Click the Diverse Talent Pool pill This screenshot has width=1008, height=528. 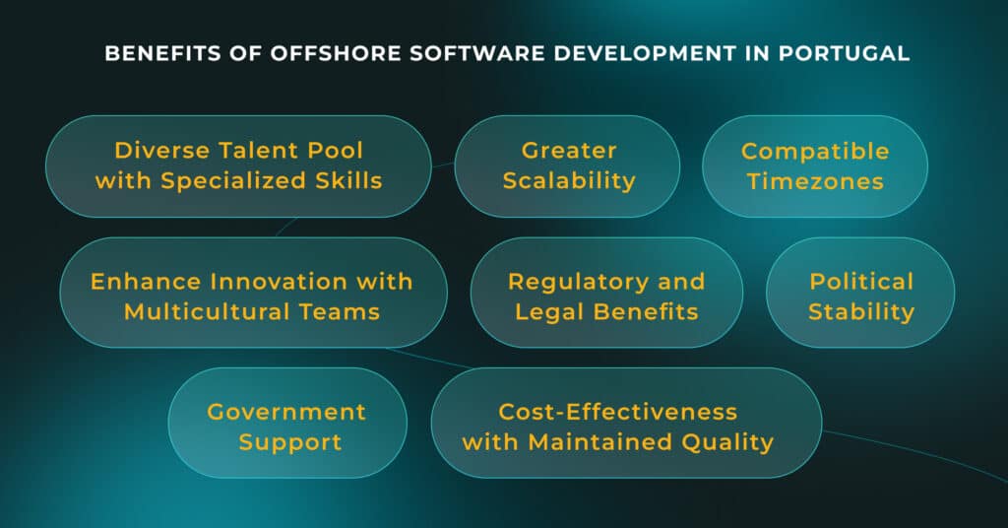coord(238,166)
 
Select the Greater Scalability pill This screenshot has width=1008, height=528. coord(566,166)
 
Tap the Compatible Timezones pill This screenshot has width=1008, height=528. coord(814,166)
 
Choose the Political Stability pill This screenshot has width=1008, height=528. coord(860,297)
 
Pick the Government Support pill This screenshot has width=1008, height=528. coord(287,427)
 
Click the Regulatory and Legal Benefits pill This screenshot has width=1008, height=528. coord(606,297)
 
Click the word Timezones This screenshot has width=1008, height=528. coord(815,181)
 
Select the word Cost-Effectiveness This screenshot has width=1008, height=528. coord(617,411)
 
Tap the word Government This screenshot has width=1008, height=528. coord(286,411)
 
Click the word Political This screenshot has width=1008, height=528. coord(861,281)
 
